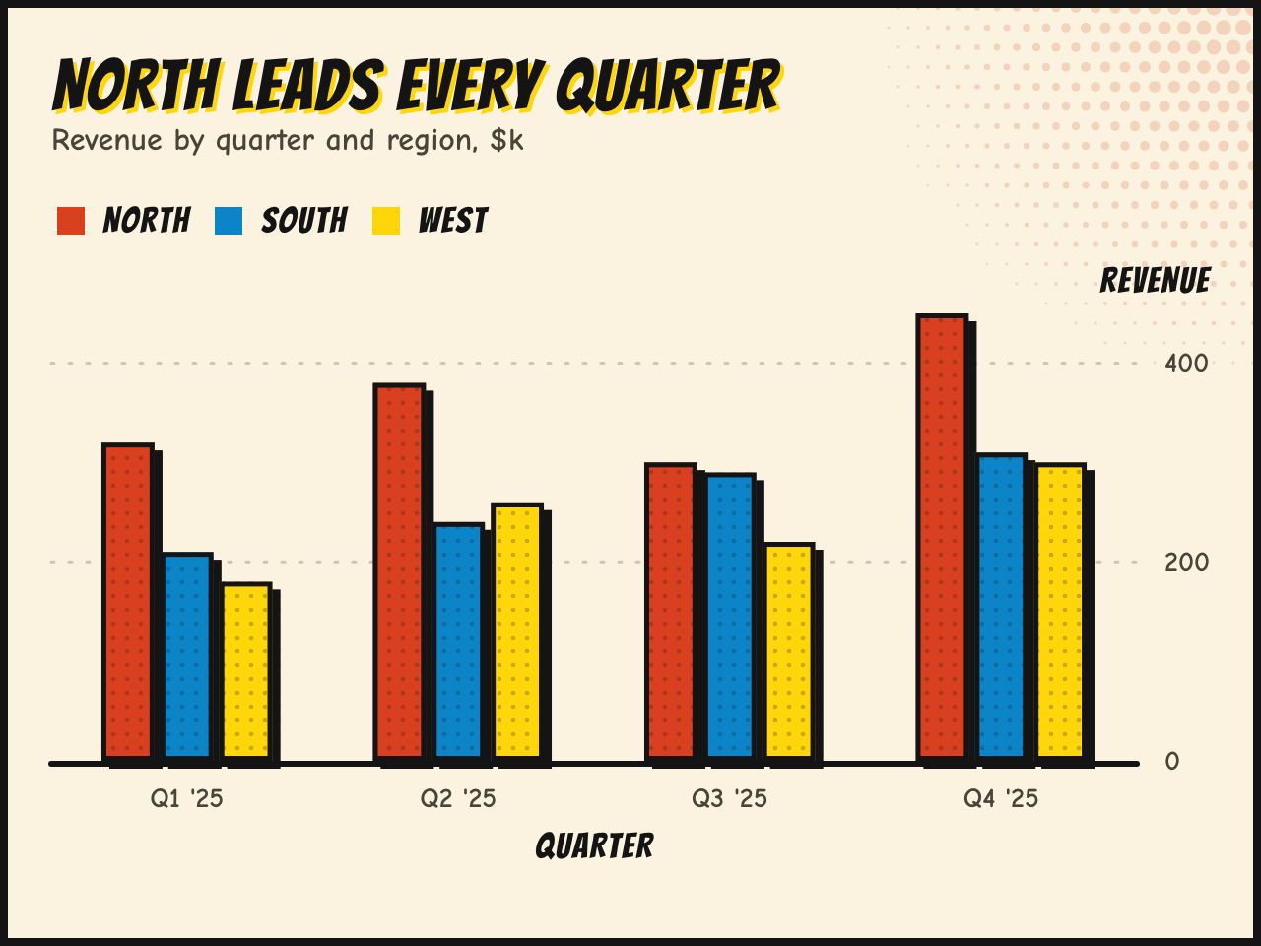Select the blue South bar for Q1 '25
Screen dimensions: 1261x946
[187, 656]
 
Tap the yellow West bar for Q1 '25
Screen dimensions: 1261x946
[246, 671]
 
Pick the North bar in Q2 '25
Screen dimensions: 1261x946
[399, 572]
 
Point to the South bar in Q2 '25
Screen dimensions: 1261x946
[458, 642]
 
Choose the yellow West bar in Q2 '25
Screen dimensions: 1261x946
[517, 632]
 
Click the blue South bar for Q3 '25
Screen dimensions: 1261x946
[730, 617]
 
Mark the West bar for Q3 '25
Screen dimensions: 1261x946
[789, 651]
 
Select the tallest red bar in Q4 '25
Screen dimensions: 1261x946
[942, 537]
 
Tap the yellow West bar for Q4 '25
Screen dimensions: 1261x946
[1060, 612]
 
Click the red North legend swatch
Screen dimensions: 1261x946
[71, 221]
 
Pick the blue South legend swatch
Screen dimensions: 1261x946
[229, 221]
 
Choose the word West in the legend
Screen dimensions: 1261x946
[453, 221]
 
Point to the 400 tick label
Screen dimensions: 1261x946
[1186, 364]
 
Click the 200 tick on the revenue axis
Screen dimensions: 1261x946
[1186, 563]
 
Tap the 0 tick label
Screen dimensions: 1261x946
[1172, 762]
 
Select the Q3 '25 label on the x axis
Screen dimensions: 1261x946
[730, 799]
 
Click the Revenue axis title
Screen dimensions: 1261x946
[1156, 280]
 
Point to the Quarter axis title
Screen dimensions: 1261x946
[595, 846]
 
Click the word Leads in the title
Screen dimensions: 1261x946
[308, 85]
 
